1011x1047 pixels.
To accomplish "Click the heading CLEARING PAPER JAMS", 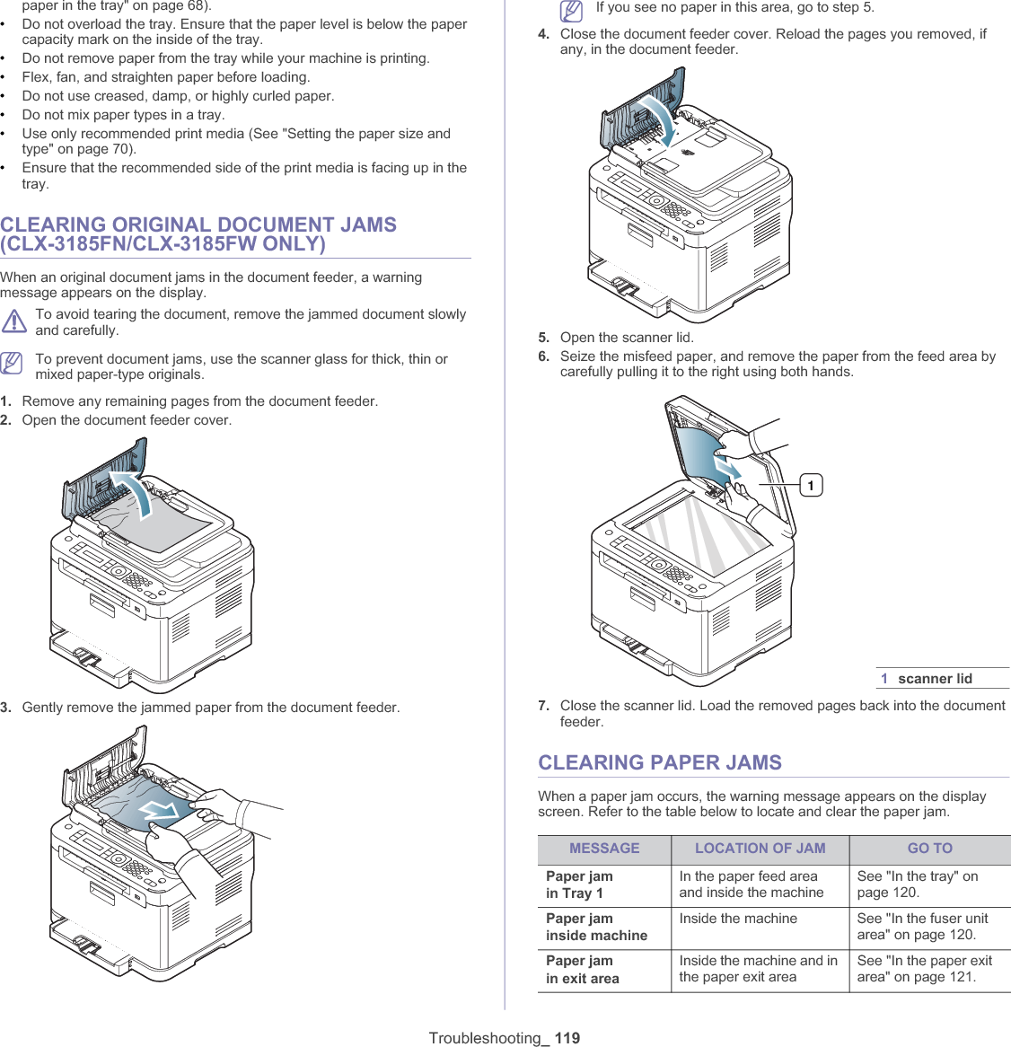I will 660,762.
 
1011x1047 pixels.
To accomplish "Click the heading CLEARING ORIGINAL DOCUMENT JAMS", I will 198,234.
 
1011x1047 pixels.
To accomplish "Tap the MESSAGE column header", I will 604,849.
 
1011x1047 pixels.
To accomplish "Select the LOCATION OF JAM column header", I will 760,849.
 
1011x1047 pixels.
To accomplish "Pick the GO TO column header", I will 929,849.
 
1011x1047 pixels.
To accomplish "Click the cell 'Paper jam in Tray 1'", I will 579,884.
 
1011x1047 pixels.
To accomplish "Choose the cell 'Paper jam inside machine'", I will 596,927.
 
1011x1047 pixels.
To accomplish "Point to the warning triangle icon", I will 14,321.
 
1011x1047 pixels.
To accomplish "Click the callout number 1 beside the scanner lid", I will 811,486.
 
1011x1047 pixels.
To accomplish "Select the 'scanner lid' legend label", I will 935,679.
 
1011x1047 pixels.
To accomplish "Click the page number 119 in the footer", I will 567,1038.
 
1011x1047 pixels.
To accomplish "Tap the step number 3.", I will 6,708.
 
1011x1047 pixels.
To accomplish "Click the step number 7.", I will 544,706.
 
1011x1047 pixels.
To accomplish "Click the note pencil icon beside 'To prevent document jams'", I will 12,363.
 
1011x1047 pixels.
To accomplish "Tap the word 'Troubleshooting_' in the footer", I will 488,1038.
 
